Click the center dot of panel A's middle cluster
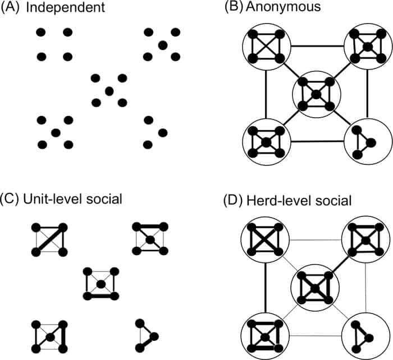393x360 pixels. (x=109, y=90)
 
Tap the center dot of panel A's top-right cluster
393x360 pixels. (x=163, y=44)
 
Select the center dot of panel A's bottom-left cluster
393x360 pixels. (x=55, y=132)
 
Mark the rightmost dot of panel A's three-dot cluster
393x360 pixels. (x=163, y=132)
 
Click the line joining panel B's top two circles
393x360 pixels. (x=317, y=47)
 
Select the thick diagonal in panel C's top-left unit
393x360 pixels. (x=49, y=240)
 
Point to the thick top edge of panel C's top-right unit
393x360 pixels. (x=149, y=227)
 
